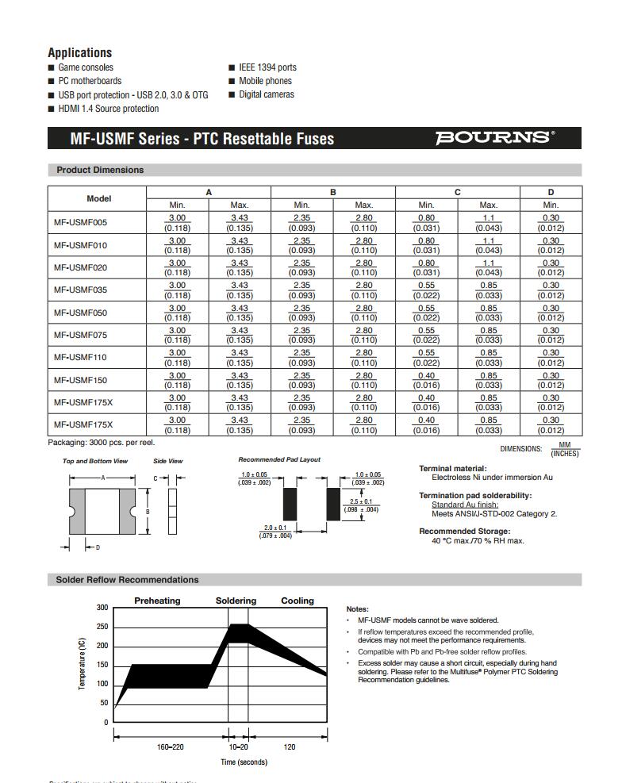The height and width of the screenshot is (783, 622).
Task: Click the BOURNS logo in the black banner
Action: [494, 138]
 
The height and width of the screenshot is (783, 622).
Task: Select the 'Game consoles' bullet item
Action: [86, 67]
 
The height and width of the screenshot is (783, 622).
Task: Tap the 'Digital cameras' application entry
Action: [266, 94]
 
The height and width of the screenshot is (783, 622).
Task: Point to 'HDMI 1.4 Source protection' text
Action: [108, 109]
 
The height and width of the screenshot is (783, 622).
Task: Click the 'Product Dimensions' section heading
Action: [100, 170]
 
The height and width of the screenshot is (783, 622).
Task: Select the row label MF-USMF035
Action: [80, 290]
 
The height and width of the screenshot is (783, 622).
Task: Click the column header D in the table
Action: [551, 192]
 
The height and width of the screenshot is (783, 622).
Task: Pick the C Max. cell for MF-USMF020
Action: [489, 267]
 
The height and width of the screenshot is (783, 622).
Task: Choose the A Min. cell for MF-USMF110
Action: [177, 358]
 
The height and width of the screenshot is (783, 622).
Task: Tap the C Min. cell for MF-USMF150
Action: [426, 380]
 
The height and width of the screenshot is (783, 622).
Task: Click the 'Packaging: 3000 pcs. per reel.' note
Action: [102, 443]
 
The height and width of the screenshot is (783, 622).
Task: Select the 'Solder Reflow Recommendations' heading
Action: [127, 580]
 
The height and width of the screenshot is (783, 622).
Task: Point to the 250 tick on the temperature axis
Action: [102, 627]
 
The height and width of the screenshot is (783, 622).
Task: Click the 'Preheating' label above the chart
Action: [157, 601]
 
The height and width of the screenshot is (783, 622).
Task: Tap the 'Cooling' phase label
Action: [298, 601]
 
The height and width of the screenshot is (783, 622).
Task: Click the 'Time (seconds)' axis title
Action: [244, 762]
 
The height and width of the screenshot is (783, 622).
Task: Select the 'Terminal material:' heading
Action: [453, 469]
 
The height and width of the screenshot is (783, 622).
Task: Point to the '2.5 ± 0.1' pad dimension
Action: [361, 502]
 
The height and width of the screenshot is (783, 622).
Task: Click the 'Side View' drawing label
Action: [168, 461]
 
